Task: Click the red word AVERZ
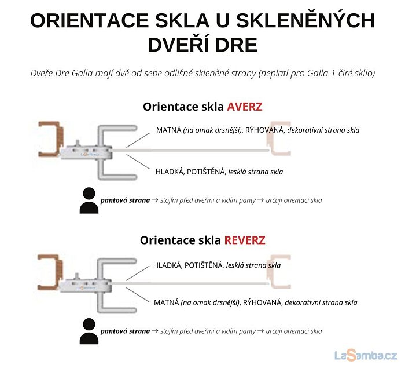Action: pos(245,107)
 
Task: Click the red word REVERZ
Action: pos(245,240)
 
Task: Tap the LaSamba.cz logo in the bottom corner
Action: pos(366,355)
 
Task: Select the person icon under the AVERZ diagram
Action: pos(89,200)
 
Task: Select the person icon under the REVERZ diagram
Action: pos(89,331)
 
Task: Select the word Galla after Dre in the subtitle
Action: pos(82,74)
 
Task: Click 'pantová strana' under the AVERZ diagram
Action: pos(126,200)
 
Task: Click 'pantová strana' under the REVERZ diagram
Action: pos(126,331)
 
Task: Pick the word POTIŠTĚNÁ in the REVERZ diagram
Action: pos(204,265)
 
